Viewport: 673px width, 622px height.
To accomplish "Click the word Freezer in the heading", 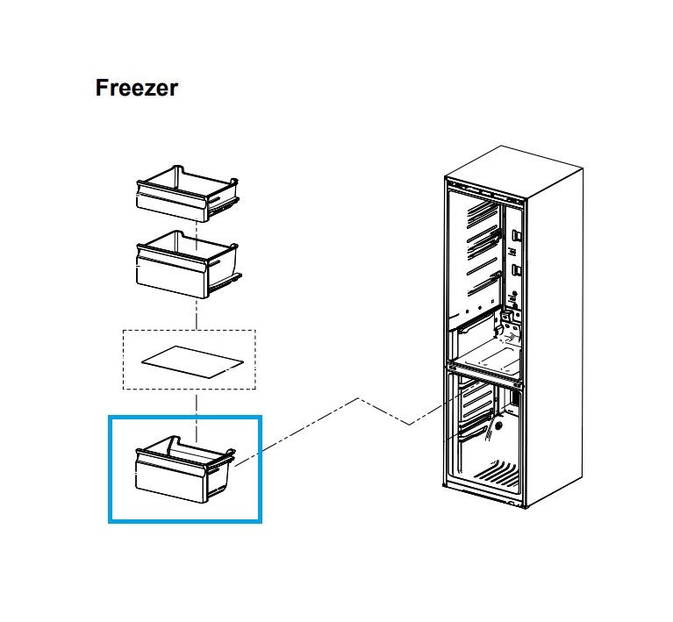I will point(136,89).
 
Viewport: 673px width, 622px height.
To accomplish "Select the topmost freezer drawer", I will point(185,194).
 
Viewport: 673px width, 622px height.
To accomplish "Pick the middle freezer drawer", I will point(185,264).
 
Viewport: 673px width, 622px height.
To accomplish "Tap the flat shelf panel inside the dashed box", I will point(190,361).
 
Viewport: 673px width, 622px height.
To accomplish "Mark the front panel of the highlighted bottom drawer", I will point(170,481).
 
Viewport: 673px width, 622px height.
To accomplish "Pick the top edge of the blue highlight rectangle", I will point(184,418).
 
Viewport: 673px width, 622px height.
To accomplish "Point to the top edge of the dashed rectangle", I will point(189,331).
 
